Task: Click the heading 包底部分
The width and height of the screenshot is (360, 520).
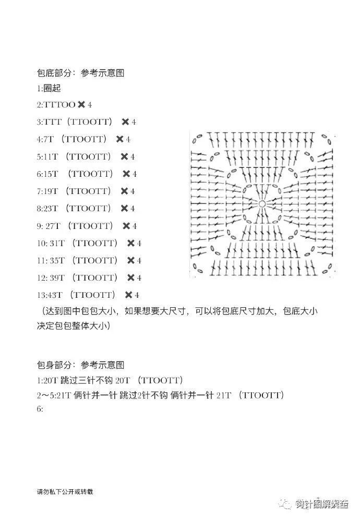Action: (x=54, y=73)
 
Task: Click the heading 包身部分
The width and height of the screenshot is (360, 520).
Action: (x=54, y=365)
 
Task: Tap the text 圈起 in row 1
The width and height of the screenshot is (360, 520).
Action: (x=52, y=88)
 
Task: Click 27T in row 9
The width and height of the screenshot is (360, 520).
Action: (x=53, y=226)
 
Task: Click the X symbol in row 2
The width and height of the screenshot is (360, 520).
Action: (x=81, y=105)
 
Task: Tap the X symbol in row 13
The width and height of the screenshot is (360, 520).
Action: (x=129, y=295)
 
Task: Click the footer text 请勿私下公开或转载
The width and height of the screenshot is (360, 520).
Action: (x=65, y=492)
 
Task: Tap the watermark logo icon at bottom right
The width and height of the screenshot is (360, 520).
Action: (x=286, y=504)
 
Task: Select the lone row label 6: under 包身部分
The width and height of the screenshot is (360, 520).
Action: (x=40, y=409)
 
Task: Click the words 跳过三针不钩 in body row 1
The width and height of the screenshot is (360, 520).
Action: (x=86, y=380)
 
